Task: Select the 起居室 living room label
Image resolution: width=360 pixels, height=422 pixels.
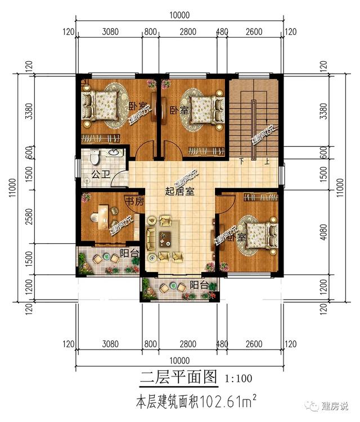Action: (x=179, y=192)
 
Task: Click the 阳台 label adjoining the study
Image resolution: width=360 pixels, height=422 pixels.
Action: (x=129, y=255)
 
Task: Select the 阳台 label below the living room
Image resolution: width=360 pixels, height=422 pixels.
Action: (x=197, y=283)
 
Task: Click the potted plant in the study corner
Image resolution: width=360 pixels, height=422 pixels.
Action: (x=85, y=197)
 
